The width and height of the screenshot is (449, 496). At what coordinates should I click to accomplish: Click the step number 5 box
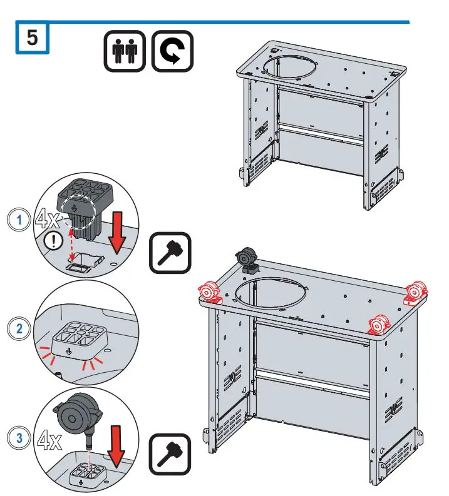tap(33, 38)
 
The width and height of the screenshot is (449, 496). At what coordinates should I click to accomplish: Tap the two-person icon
tap(125, 51)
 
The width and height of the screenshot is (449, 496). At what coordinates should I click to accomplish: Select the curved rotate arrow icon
tap(172, 51)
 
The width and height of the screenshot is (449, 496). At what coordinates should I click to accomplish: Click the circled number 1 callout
tap(19, 220)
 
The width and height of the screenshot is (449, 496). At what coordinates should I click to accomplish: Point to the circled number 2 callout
tap(19, 328)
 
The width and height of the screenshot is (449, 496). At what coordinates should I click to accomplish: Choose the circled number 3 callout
tap(19, 438)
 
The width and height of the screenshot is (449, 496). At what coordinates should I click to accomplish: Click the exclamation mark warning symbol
tap(53, 241)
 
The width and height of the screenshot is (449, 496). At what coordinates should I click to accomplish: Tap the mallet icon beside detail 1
tap(170, 253)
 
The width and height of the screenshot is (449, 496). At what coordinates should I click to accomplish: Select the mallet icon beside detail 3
tap(170, 454)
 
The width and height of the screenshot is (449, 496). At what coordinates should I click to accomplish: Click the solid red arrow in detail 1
tap(117, 233)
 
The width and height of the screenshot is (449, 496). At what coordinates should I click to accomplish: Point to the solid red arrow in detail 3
tap(116, 447)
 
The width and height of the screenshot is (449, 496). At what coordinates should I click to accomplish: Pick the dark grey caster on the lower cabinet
tap(247, 260)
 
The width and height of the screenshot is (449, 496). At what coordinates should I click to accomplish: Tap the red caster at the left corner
tap(209, 293)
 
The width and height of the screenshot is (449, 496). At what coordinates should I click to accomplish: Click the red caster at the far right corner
tap(416, 293)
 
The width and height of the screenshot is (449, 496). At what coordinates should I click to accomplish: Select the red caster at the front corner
tap(379, 325)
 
